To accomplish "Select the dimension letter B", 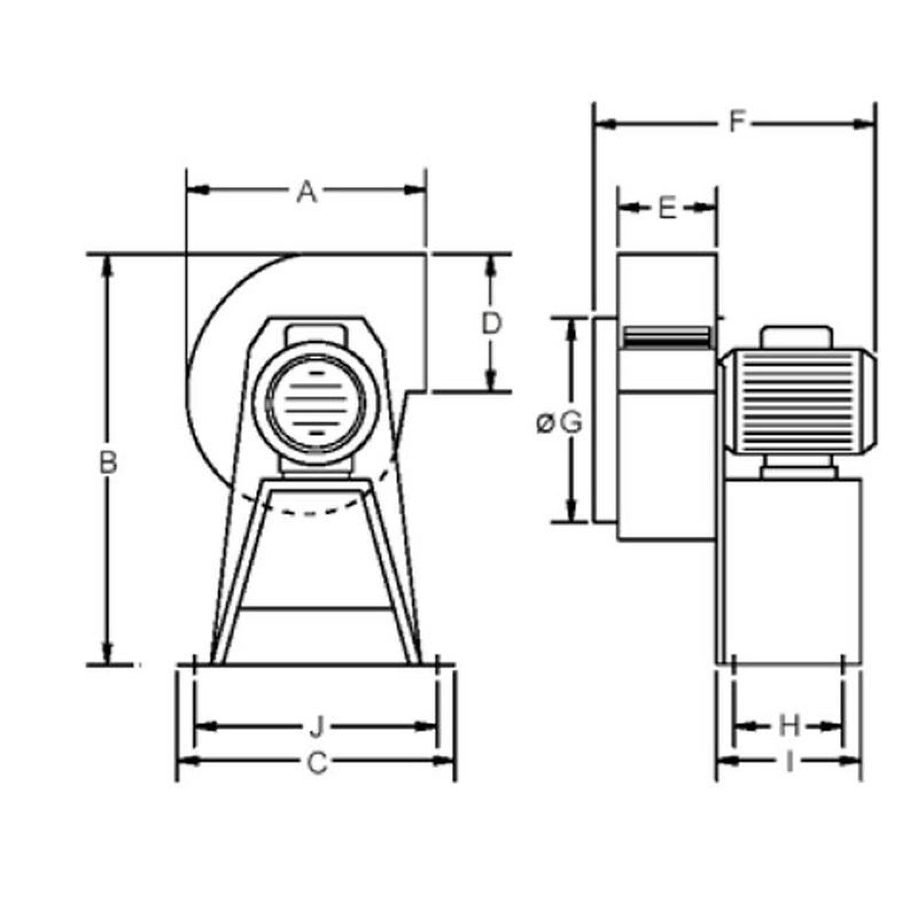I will pyautogui.click(x=108, y=462).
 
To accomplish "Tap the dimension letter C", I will pyautogui.click(x=317, y=763).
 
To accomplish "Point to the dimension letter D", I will pyautogui.click(x=491, y=324).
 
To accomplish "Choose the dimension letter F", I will pyautogui.click(x=736, y=122).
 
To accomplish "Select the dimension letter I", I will pyautogui.click(x=789, y=763).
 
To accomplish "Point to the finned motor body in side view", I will pyautogui.click(x=798, y=402).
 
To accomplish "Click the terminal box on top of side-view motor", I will pyautogui.click(x=796, y=336).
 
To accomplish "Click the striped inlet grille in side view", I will pyautogui.click(x=666, y=337).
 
